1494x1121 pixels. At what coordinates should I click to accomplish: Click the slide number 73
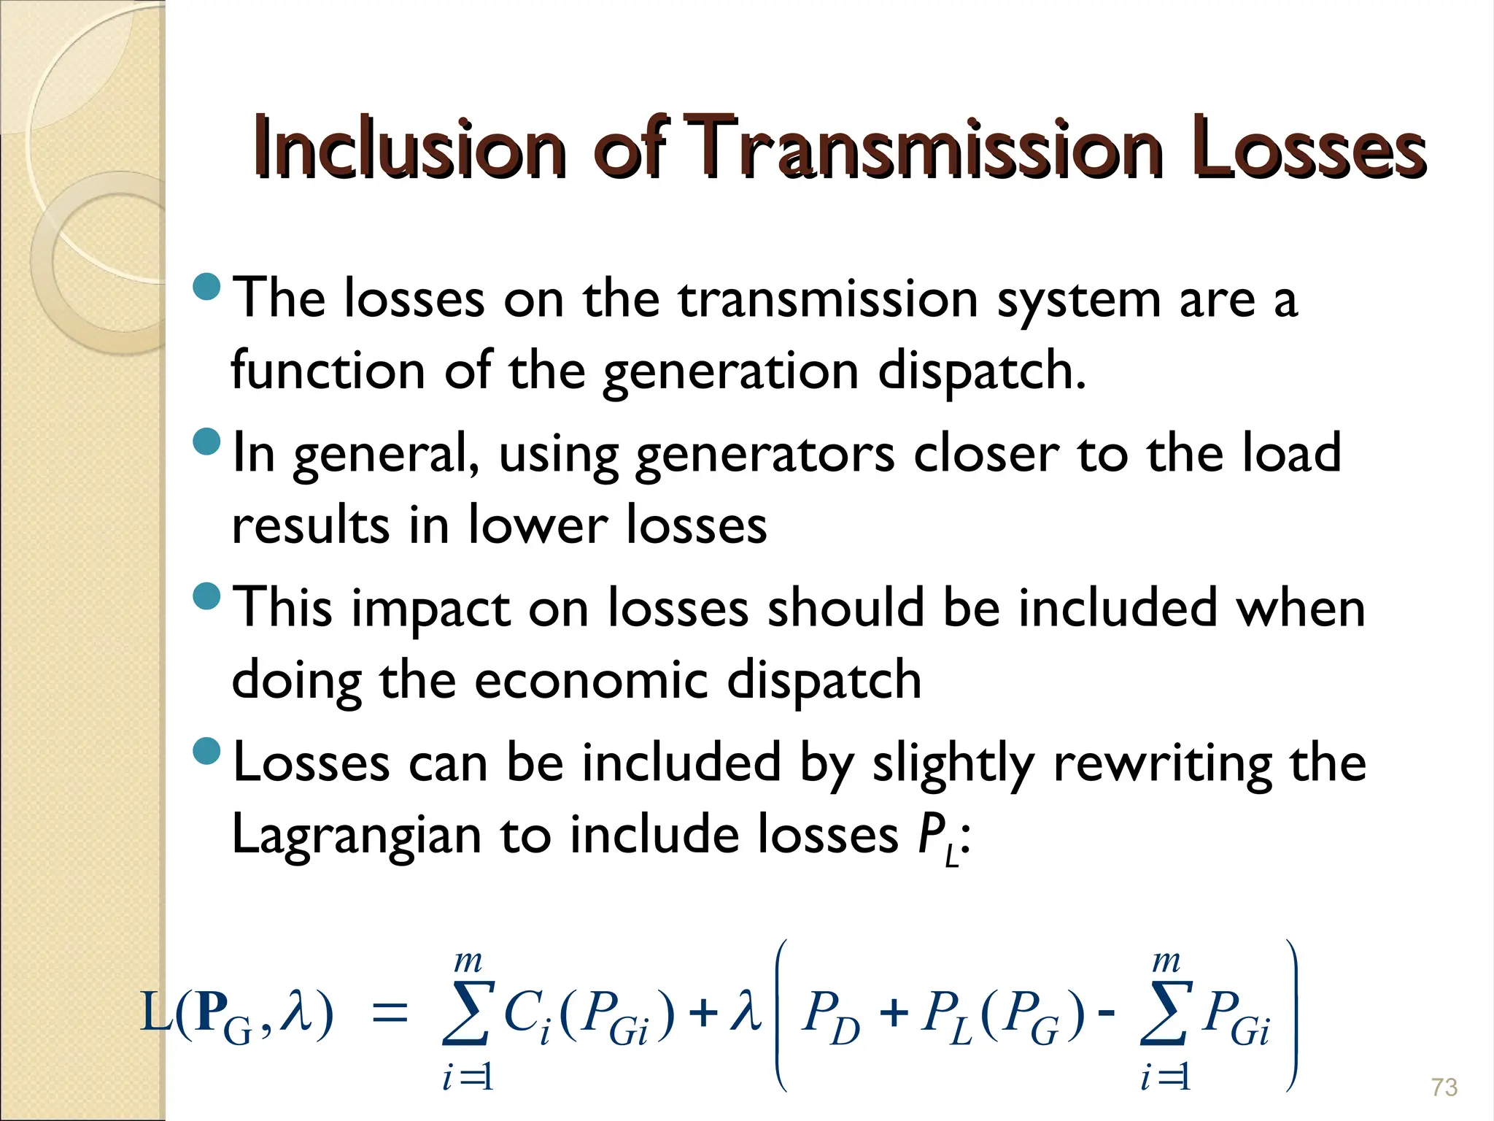click(1444, 1087)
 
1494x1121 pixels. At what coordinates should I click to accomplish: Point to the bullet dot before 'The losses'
click(208, 287)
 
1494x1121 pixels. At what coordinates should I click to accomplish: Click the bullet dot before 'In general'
click(208, 442)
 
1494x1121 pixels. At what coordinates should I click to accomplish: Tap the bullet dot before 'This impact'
click(208, 596)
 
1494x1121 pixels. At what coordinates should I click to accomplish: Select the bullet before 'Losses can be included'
click(208, 751)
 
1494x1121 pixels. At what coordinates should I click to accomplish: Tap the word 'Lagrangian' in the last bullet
click(356, 835)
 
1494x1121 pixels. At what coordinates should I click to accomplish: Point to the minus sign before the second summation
click(1106, 1014)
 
